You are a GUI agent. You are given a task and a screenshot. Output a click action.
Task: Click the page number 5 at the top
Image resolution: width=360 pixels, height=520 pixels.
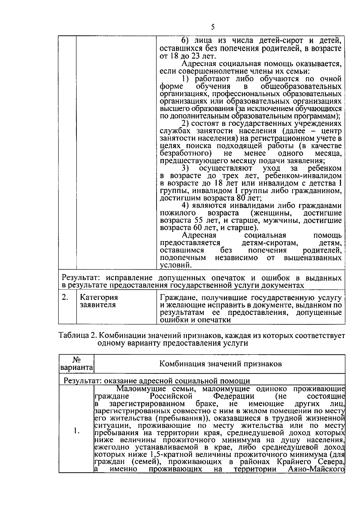click(213, 27)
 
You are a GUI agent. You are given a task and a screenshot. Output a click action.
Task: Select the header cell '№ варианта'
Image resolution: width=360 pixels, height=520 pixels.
click(76, 364)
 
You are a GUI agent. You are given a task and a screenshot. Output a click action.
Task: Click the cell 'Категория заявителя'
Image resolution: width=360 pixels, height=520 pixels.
click(99, 301)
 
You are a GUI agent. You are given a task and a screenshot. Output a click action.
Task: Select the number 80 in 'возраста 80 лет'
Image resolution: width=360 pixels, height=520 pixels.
click(240, 198)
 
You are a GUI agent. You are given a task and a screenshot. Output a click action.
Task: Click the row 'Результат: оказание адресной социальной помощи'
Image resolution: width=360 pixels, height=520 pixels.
click(157, 381)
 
